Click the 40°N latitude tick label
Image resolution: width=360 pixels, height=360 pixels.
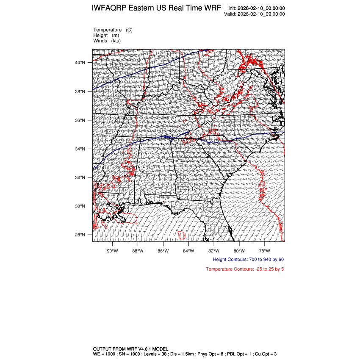80,63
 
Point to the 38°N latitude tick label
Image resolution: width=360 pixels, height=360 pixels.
80,91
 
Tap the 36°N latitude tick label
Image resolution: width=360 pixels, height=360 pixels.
80,120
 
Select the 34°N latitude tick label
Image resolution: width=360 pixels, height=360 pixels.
80,149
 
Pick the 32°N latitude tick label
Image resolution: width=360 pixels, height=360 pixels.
80,177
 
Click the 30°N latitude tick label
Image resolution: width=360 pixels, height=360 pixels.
80,206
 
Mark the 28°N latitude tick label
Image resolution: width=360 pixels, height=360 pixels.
80,235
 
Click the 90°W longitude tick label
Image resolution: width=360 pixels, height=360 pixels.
112,250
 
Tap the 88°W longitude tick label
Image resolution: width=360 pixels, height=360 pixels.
138,250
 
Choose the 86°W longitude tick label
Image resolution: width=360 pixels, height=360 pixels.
163,250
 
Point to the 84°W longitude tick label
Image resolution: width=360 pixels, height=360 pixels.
188,250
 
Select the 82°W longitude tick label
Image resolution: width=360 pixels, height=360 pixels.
214,250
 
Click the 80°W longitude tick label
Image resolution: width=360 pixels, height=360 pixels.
239,250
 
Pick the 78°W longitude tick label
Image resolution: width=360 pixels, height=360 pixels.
265,250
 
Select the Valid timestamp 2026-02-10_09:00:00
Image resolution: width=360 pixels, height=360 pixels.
261,14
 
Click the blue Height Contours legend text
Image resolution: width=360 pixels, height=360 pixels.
248,260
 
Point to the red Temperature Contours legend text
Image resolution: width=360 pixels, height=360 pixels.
245,269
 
